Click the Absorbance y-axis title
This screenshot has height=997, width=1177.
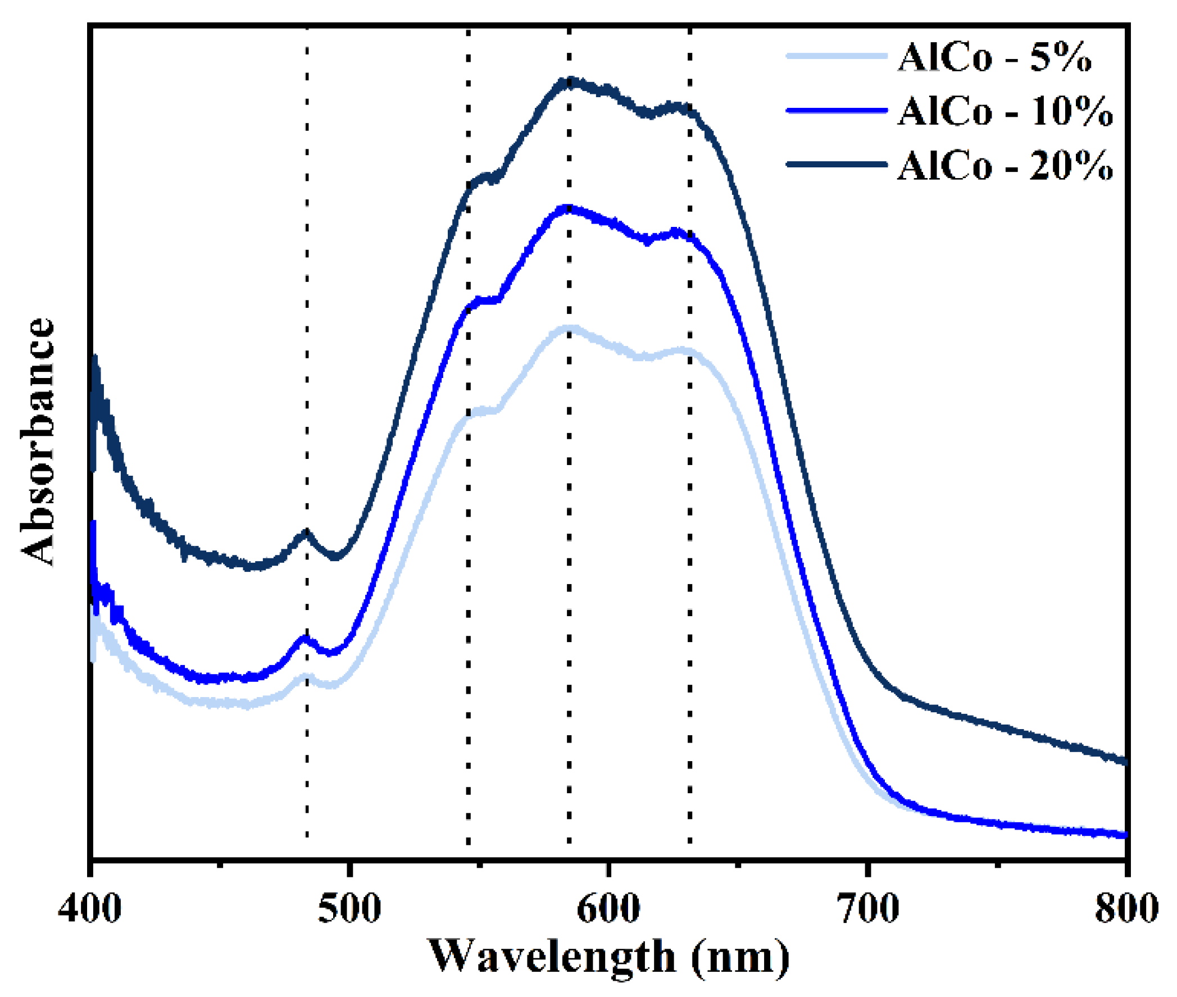38,442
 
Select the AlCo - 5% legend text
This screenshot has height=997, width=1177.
994,57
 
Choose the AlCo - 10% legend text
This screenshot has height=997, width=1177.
1005,111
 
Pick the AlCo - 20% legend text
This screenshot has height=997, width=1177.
1005,166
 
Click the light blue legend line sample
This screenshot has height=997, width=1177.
836,56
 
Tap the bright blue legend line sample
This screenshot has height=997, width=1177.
836,110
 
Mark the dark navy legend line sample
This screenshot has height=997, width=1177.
836,165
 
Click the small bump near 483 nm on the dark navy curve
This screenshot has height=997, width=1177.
306,532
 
